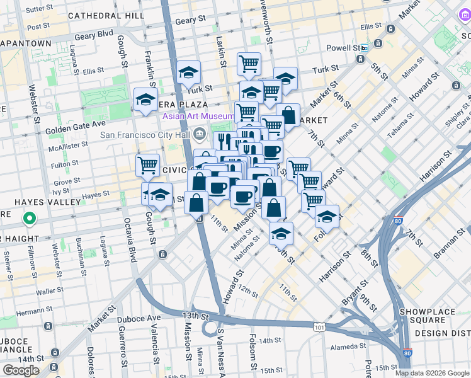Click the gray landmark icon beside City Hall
coord(200,133)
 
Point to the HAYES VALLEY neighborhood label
coord(41,202)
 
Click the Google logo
coord(21,370)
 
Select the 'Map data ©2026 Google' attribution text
coord(431,373)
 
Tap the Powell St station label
coord(343,48)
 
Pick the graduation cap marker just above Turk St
coord(188,73)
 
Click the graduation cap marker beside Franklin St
coord(145,100)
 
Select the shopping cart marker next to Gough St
coord(147,166)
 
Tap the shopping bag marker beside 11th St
coord(196,203)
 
